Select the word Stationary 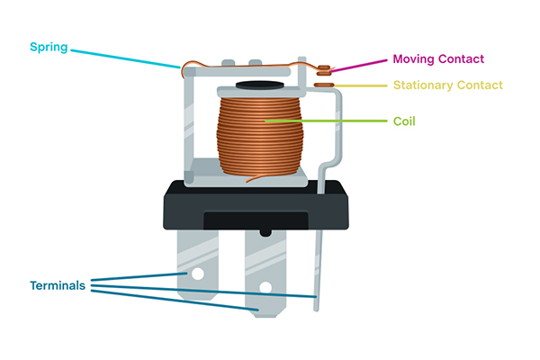(x=427, y=85)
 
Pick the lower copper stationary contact (x=324, y=85)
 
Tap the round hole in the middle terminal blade (x=265, y=288)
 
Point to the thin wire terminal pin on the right (x=317, y=270)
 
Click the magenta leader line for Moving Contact (x=360, y=65)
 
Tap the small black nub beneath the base (x=265, y=231)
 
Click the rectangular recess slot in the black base (x=256, y=220)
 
